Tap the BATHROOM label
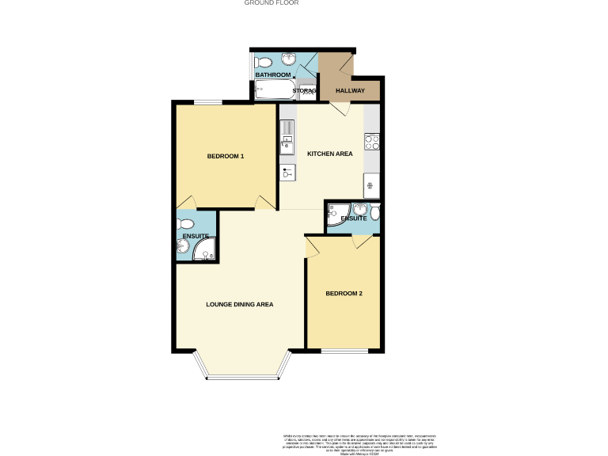point(272,74)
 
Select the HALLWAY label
point(350,91)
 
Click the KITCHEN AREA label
point(330,154)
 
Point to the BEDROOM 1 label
point(225,156)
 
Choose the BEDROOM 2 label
point(344,294)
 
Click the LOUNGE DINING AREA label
point(239,304)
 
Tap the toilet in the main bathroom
point(264,62)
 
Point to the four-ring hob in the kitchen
point(372,142)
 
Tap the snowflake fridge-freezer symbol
point(370,187)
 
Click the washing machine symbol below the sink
point(287,172)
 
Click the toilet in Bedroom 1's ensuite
point(185,224)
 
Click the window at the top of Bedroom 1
point(209,101)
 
